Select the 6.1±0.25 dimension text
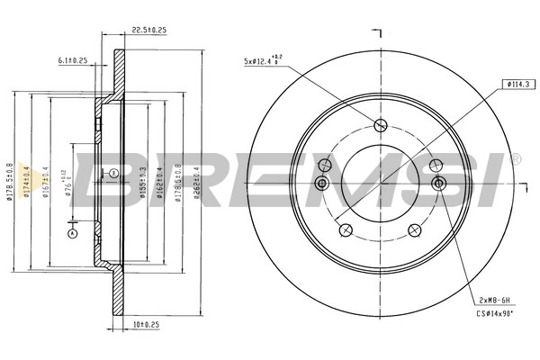72,61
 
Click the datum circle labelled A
73,234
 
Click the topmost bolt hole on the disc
380,125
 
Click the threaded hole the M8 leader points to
439,184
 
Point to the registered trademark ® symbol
515,158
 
